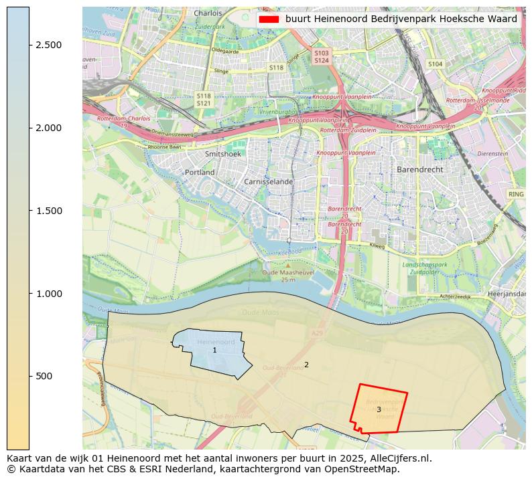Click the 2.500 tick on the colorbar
click(x=49, y=45)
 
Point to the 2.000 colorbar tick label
click(x=49, y=128)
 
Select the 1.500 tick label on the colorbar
click(x=49, y=211)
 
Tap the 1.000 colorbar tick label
click(x=49, y=294)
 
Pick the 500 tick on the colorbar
click(x=45, y=376)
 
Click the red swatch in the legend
click(x=268, y=19)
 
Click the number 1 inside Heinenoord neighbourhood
click(x=214, y=351)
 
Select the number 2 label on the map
click(x=306, y=365)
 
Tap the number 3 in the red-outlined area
click(x=379, y=409)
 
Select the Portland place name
click(x=200, y=173)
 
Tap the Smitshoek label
click(x=222, y=154)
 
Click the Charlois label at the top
click(x=208, y=13)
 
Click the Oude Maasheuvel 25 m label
click(x=289, y=276)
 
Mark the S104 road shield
click(x=436, y=64)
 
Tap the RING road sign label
click(x=515, y=194)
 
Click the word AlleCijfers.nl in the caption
click(x=398, y=458)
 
